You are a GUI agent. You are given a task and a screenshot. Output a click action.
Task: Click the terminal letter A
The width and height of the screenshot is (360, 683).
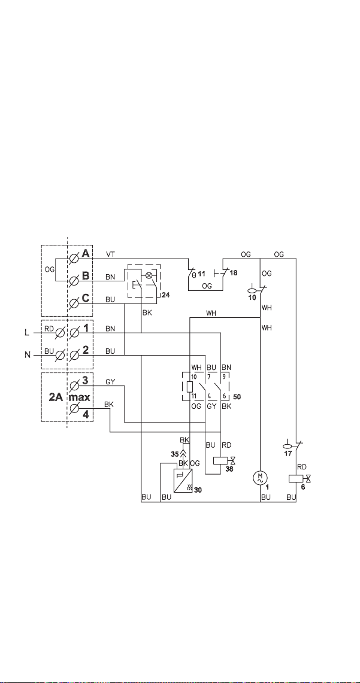[x=86, y=253]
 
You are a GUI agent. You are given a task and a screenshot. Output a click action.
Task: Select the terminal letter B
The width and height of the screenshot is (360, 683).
[x=86, y=276]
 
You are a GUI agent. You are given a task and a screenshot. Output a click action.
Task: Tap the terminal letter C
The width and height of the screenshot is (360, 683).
[x=86, y=298]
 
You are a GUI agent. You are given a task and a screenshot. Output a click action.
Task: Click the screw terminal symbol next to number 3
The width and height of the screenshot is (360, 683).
[x=74, y=385]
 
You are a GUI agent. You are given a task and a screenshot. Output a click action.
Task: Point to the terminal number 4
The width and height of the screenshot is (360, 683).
[x=86, y=415]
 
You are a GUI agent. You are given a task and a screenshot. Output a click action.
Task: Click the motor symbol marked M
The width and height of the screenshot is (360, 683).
[x=259, y=478]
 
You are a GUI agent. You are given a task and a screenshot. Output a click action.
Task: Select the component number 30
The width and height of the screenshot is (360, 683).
[x=198, y=490]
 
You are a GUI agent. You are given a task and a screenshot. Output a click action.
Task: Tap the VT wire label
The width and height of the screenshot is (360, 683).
[x=110, y=254]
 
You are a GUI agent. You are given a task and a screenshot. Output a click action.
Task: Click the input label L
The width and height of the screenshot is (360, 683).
[x=26, y=332]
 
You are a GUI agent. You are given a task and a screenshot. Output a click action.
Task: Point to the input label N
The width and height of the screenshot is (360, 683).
[x=27, y=355]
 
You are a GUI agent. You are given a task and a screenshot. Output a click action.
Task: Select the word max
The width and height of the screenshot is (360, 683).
[x=79, y=397]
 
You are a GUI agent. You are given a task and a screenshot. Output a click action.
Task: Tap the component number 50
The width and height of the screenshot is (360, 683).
[x=237, y=397]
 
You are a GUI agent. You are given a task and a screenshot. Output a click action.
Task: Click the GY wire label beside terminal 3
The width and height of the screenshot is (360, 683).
[x=110, y=381]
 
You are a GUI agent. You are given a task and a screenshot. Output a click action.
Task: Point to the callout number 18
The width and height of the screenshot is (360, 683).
[x=233, y=272]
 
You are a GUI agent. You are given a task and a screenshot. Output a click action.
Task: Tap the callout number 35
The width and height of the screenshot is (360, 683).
[x=174, y=454]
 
